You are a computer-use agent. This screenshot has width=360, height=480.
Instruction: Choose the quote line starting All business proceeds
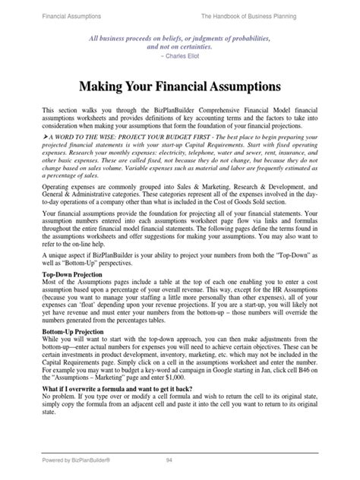coord(179,37)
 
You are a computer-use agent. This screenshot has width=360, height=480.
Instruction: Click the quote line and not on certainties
coord(179,46)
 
